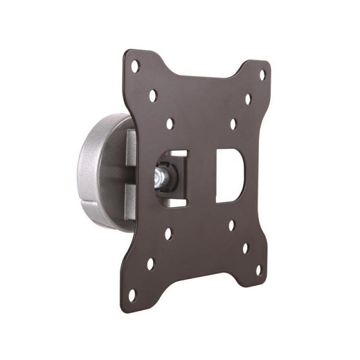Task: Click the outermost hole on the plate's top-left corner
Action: tap(135, 66)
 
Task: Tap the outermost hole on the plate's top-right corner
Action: tap(262, 74)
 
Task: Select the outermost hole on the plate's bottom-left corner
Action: tap(132, 294)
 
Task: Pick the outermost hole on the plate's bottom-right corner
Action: tap(258, 270)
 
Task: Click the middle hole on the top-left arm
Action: tap(152, 95)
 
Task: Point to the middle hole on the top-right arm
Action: tap(247, 99)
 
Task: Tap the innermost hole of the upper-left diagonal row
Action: tap(170, 123)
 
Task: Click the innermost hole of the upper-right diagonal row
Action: tap(233, 124)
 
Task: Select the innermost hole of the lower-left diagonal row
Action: tap(168, 233)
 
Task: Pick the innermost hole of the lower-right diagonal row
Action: tap(231, 225)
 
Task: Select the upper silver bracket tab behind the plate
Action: tap(130, 147)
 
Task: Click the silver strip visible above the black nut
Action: tap(175, 153)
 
